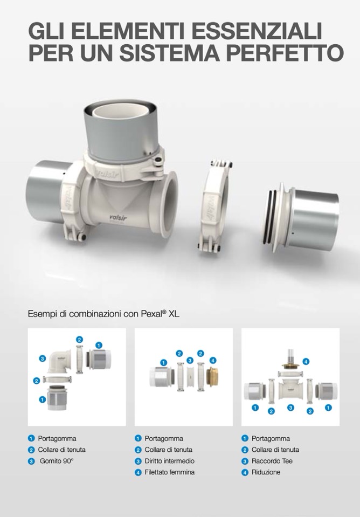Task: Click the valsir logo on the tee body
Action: [x=117, y=217]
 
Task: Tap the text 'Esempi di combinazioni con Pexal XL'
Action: [x=103, y=314]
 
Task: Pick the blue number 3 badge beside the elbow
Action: [x=43, y=359]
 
